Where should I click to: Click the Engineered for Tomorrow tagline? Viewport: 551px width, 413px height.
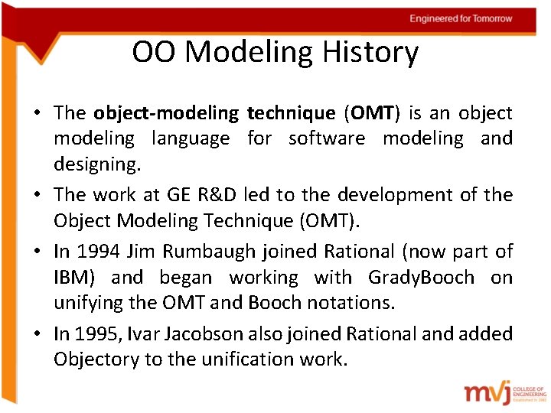click(x=461, y=18)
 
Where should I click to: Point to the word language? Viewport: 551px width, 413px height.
click(x=191, y=139)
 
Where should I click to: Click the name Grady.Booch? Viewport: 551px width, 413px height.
click(x=421, y=277)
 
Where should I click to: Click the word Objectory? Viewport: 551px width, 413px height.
click(x=96, y=359)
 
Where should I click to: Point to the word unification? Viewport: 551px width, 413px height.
click(x=237, y=359)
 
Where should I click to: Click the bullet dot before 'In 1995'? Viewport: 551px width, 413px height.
click(x=37, y=334)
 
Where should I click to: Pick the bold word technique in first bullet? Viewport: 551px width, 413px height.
click(x=291, y=113)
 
